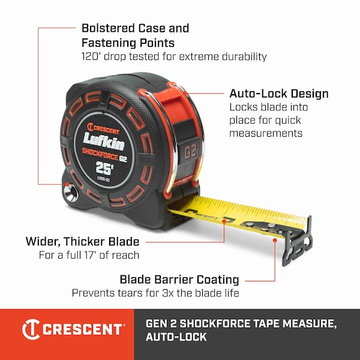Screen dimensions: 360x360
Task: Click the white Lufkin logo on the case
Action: pyautogui.click(x=104, y=141)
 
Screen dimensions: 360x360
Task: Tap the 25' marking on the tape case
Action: pyautogui.click(x=104, y=168)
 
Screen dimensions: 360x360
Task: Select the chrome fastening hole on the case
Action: pyautogui.click(x=71, y=194)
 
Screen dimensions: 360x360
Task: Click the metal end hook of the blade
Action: pyautogui.click(x=298, y=241)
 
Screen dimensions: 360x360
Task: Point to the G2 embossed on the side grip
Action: pyautogui.click(x=191, y=151)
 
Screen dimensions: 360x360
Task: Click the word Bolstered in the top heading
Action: pyautogui.click(x=108, y=28)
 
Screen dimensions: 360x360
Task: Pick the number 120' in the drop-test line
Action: pyautogui.click(x=91, y=56)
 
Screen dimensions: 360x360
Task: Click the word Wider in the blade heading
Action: pyautogui.click(x=43, y=242)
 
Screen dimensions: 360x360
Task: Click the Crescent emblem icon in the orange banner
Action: pyautogui.click(x=31, y=329)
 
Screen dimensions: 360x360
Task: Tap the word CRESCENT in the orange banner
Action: pyautogui.click(x=82, y=329)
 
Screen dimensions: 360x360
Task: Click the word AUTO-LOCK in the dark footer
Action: pyautogui.click(x=176, y=337)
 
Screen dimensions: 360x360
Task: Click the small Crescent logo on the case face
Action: pyautogui.click(x=103, y=128)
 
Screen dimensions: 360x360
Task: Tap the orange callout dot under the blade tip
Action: pyautogui.click(x=275, y=240)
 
